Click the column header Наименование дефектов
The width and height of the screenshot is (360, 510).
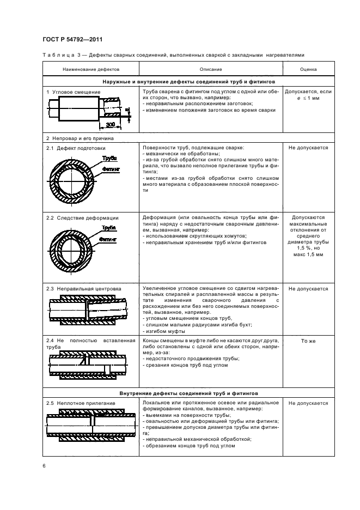click(x=91, y=70)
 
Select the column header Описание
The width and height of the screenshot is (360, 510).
click(x=210, y=70)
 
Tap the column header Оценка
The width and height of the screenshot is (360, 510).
click(x=308, y=70)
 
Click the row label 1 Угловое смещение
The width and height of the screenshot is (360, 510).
click(x=74, y=93)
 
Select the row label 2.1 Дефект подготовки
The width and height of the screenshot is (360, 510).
click(x=76, y=148)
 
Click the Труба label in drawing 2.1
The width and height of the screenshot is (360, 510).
click(x=109, y=159)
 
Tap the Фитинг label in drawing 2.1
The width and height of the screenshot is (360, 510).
click(x=111, y=169)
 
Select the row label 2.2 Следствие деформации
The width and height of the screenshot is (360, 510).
click(x=82, y=218)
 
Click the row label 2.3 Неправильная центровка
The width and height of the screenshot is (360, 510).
click(x=84, y=288)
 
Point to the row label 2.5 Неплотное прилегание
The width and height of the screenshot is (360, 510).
click(x=81, y=403)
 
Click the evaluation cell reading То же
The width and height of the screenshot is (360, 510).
click(x=308, y=341)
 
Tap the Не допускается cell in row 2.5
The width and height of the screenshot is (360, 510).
click(x=308, y=403)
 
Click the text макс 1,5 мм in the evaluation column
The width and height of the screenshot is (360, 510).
click(x=308, y=254)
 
